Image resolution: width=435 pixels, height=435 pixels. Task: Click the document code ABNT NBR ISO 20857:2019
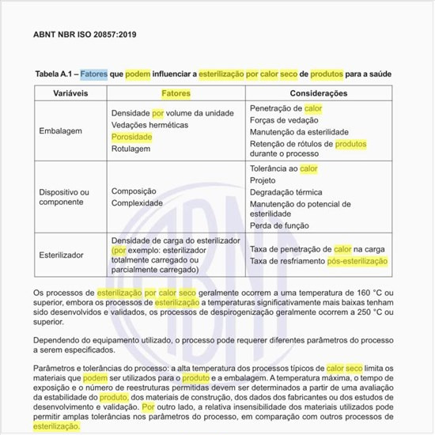tap(85, 36)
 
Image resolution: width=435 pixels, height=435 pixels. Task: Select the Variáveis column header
tap(70, 93)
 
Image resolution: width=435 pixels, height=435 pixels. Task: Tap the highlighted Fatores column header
tap(176, 93)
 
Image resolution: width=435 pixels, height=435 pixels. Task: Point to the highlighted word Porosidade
tap(132, 137)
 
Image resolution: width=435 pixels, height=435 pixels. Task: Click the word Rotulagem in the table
tap(131, 149)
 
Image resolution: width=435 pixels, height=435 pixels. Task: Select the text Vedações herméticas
tap(149, 125)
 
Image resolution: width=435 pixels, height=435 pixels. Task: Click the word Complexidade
tap(138, 203)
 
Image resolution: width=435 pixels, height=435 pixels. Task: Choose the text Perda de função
tap(278, 225)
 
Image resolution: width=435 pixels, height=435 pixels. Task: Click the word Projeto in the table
tap(263, 180)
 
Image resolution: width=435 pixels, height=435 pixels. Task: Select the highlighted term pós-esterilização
tap(357, 260)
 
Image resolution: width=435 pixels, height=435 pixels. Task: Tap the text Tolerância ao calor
tap(283, 168)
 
